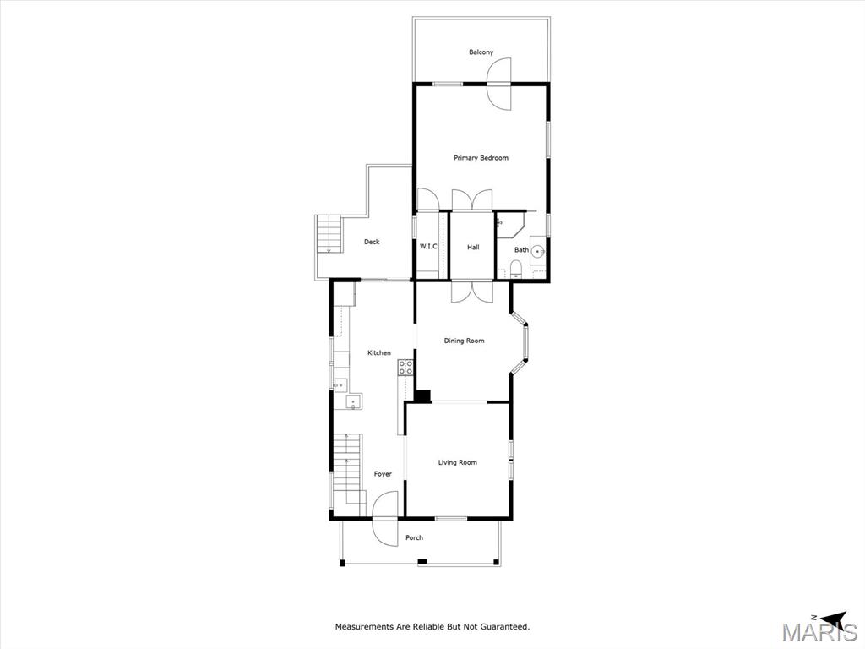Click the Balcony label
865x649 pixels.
481,52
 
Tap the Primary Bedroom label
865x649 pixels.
481,158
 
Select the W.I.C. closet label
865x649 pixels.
429,246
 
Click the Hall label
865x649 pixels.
473,248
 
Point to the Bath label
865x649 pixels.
521,249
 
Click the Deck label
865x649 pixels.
372,242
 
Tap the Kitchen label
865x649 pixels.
379,352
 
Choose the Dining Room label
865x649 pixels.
464,341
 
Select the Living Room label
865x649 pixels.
457,462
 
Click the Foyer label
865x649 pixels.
383,474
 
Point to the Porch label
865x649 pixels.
414,537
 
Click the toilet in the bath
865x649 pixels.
516,270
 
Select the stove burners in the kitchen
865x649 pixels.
406,368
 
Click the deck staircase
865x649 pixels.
329,234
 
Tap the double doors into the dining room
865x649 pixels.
471,292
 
